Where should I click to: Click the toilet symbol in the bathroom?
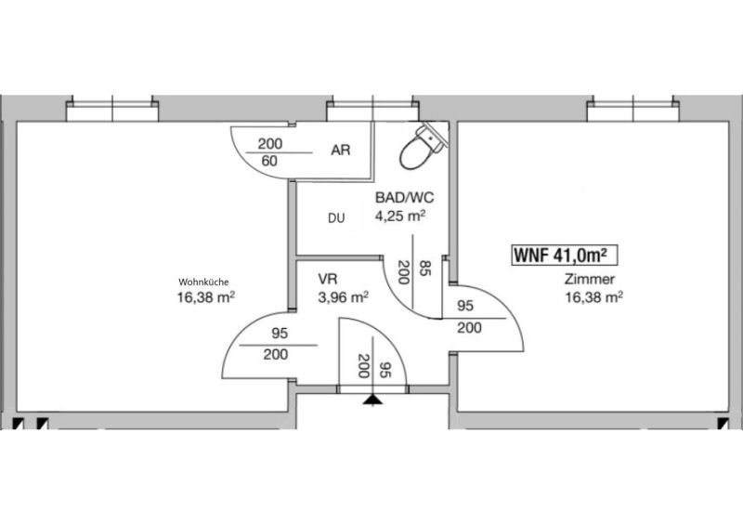pos(422,146)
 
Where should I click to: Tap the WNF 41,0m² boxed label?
pos(565,256)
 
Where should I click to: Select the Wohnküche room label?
pos(203,282)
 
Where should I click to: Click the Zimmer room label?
pos(590,280)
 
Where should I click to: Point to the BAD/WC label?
pos(404,197)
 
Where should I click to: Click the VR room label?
pos(328,279)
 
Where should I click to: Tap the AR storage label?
pos(341,151)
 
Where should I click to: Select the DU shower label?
pos(336,218)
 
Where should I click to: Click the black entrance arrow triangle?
pos(373,400)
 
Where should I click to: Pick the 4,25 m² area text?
pos(400,217)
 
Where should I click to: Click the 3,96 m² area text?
pos(344,297)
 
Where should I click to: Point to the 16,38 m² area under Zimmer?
pos(593,297)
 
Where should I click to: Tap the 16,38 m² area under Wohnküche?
pos(206,298)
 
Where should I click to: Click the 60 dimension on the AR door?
pos(269,162)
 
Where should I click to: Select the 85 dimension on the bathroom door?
pos(425,269)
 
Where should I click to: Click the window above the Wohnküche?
pos(111,110)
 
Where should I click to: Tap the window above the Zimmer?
pos(633,110)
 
